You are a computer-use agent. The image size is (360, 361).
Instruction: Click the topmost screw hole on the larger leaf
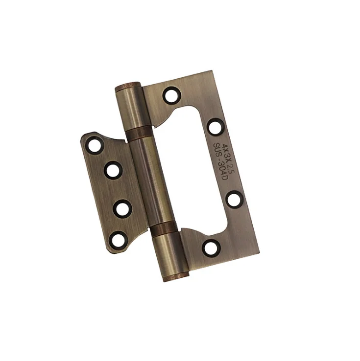click(x=171, y=94)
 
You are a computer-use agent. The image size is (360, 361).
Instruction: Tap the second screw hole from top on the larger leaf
click(x=216, y=127)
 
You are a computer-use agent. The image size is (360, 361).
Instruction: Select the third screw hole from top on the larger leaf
click(x=234, y=198)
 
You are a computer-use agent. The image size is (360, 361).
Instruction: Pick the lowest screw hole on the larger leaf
click(x=211, y=247)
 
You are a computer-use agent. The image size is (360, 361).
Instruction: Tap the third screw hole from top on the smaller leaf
click(x=121, y=209)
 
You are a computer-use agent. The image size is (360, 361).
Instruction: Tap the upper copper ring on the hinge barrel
click(x=141, y=134)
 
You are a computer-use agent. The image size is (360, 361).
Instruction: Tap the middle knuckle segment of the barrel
click(x=153, y=181)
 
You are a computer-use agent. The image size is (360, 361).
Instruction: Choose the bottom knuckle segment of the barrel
click(x=171, y=253)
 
